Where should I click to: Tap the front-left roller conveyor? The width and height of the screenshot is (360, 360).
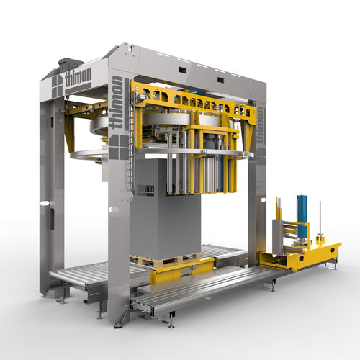(79, 277)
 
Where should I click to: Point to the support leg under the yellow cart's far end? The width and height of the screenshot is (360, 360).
(333, 265)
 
